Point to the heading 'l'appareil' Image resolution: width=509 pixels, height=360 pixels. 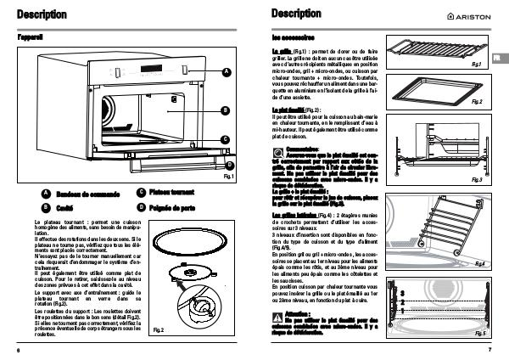pos(30,39)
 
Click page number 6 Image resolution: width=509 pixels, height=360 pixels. pos(18,350)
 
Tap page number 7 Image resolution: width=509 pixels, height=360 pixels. pos(489,350)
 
